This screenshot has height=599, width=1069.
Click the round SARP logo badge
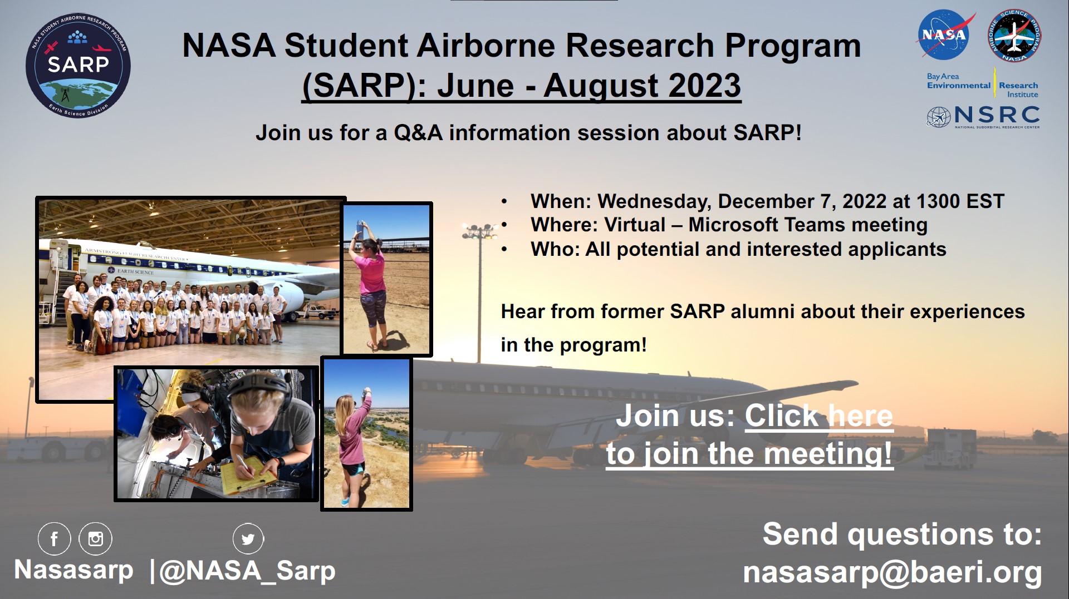[x=78, y=66]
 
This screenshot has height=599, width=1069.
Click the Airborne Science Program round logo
[x=1014, y=36]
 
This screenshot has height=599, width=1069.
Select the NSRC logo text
[x=997, y=115]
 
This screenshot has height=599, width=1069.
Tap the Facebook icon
[x=55, y=538]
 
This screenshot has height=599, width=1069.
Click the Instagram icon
[x=96, y=538]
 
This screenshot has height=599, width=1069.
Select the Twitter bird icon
[x=248, y=538]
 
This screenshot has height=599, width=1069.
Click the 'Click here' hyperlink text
[x=818, y=415]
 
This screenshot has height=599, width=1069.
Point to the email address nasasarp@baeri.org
[x=892, y=572]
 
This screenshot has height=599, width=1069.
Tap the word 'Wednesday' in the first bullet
[x=654, y=201]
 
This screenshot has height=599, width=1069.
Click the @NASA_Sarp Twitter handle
[x=248, y=571]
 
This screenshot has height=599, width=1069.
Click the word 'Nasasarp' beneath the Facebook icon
[x=74, y=570]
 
